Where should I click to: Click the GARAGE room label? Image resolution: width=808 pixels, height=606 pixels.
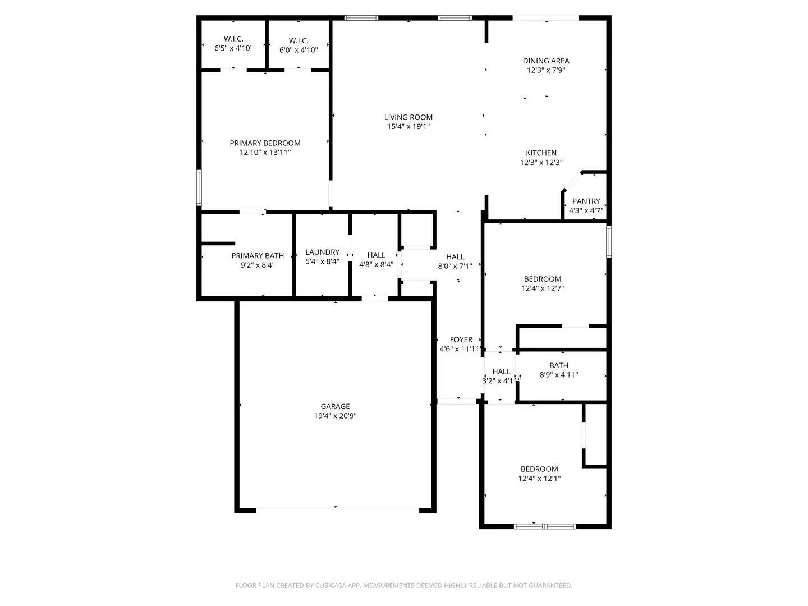pyautogui.click(x=335, y=406)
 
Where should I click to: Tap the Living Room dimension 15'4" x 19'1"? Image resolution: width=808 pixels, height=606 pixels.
pyautogui.click(x=408, y=127)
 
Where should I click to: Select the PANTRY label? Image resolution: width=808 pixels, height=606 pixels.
pyautogui.click(x=586, y=201)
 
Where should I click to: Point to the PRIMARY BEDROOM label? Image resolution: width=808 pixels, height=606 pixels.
pyautogui.click(x=265, y=143)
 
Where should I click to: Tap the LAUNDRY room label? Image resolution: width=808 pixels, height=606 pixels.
pyautogui.click(x=322, y=252)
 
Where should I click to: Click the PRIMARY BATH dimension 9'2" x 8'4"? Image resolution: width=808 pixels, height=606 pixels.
pyautogui.click(x=258, y=265)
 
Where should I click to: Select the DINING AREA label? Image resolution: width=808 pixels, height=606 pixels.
pyautogui.click(x=545, y=61)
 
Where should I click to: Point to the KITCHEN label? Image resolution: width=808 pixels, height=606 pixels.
pyautogui.click(x=541, y=153)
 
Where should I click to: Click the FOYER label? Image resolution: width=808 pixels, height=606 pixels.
pyautogui.click(x=461, y=339)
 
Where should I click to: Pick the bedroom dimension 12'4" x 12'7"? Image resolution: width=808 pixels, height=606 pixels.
pyautogui.click(x=543, y=288)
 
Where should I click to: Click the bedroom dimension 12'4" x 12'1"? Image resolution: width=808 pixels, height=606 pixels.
pyautogui.click(x=539, y=479)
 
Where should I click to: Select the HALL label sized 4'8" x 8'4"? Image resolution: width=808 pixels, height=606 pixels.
pyautogui.click(x=376, y=255)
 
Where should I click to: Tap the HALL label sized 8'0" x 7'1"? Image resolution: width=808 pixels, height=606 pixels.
pyautogui.click(x=455, y=257)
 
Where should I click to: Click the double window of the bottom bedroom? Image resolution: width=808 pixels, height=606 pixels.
pyautogui.click(x=545, y=526)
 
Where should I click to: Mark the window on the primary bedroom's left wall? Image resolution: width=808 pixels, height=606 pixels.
pyautogui.click(x=199, y=187)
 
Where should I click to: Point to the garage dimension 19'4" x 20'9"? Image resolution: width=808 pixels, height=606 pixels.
pyautogui.click(x=335, y=416)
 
